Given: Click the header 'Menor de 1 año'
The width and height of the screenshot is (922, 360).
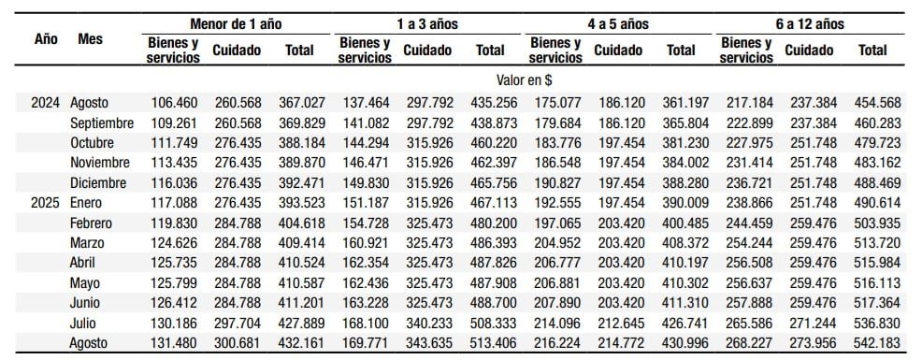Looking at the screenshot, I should pos(236,22).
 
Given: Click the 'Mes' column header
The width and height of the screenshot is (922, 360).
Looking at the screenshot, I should pos(91,40).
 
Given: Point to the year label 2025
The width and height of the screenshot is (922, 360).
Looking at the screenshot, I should pos(47,203).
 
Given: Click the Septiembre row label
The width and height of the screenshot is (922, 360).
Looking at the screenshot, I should pos(102,123).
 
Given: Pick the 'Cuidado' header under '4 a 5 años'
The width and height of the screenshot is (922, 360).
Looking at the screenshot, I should pos(618,50).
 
